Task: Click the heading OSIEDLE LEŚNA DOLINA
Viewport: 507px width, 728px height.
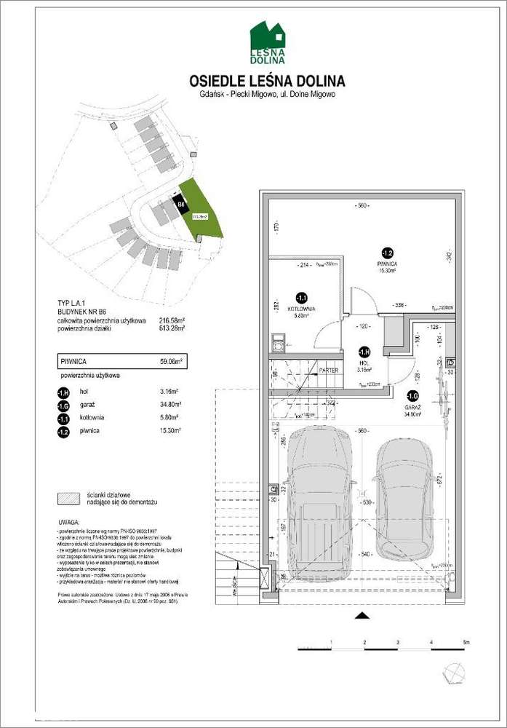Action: pyautogui.click(x=267, y=80)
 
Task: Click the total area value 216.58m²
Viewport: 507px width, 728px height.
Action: pyautogui.click(x=172, y=320)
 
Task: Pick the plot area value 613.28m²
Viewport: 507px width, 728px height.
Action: pyautogui.click(x=172, y=329)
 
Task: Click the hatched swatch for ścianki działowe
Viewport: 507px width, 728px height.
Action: pyautogui.click(x=69, y=498)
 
